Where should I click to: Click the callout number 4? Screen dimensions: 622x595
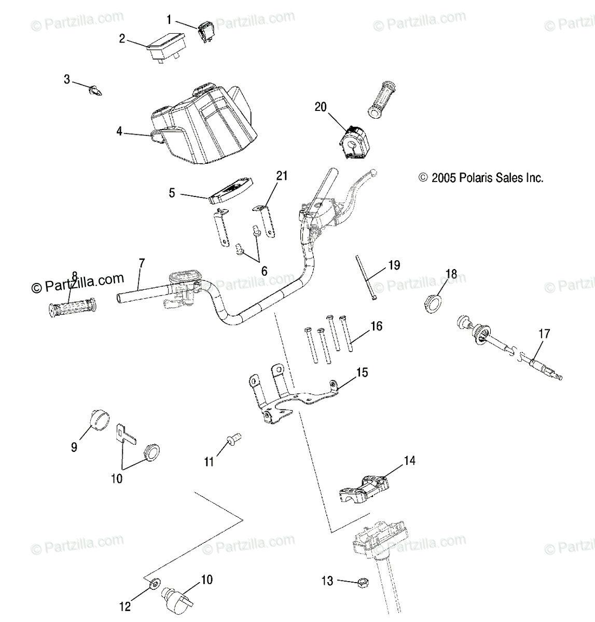[119, 132]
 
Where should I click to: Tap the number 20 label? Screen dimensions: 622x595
[321, 107]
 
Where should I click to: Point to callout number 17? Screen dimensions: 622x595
[544, 334]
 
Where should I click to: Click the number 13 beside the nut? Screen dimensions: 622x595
[327, 582]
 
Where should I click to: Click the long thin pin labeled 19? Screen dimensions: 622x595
[364, 277]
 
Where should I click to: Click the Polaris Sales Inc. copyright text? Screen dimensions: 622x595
[481, 178]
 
